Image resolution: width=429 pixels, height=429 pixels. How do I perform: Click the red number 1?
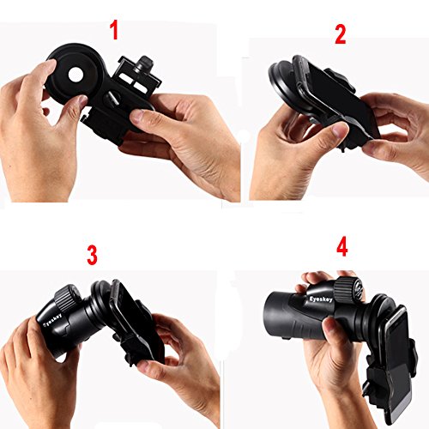pos(114,30)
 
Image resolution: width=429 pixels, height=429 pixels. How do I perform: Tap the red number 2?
pos(341,34)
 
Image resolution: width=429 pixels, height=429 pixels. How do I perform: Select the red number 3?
pos(92,255)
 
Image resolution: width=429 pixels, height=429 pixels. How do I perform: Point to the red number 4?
pos(342,246)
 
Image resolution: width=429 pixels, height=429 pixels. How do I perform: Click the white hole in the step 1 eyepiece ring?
pos(76,75)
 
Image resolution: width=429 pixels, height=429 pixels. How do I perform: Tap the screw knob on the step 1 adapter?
pos(144,64)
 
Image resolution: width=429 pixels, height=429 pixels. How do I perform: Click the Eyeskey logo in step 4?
pos(321,299)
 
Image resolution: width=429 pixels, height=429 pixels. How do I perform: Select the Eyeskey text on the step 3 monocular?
pos(52,322)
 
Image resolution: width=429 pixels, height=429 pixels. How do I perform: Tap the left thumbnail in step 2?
pos(341,130)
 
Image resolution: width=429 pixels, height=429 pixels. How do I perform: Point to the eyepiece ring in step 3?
pos(101,303)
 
